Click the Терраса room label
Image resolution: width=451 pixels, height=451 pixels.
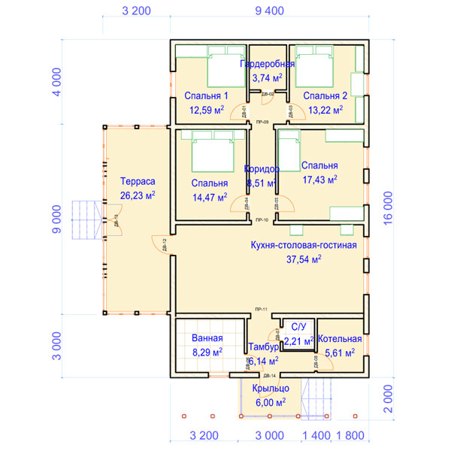pyautogui.click(x=137, y=181)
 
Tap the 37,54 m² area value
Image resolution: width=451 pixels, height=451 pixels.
pyautogui.click(x=304, y=259)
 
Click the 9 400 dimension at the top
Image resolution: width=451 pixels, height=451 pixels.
pyautogui.click(x=269, y=11)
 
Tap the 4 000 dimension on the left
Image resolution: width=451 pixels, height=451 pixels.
pyautogui.click(x=55, y=80)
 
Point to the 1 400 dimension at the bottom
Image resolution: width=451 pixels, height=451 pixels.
pyautogui.click(x=316, y=435)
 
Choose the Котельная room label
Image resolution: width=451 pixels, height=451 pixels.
pyautogui.click(x=340, y=339)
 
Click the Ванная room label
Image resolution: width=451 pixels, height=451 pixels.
pyautogui.click(x=207, y=338)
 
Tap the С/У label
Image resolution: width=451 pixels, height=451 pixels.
pyautogui.click(x=298, y=326)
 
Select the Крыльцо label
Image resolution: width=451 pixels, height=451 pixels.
pyautogui.click(x=271, y=389)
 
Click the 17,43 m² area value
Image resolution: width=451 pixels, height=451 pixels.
pyautogui.click(x=319, y=180)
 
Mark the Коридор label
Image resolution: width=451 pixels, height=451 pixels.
pyautogui.click(x=262, y=169)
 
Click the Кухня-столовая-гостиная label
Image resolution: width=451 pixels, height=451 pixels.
pyautogui.click(x=304, y=245)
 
